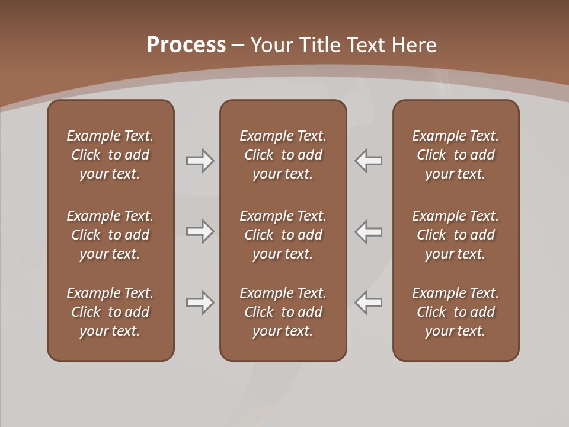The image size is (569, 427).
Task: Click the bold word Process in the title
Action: click(186, 45)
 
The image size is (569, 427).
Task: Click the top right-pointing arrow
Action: click(200, 161)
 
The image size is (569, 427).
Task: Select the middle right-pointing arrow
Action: click(200, 231)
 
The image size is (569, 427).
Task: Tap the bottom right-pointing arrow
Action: click(200, 302)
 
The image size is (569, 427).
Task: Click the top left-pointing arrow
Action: click(369, 161)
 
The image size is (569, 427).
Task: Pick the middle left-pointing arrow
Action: click(369, 231)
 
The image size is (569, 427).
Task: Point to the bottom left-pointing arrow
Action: click(369, 302)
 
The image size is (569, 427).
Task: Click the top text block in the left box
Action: click(110, 155)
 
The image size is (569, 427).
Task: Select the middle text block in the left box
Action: click(110, 235)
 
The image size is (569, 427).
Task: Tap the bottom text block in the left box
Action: click(110, 312)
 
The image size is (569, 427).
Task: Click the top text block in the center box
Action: click(283, 155)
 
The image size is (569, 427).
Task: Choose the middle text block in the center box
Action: click(283, 235)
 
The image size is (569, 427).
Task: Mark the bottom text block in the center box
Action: click(283, 312)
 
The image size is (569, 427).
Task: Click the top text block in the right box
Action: click(455, 155)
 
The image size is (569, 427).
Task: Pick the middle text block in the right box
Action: click(455, 235)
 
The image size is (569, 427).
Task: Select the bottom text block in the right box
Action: click(455, 312)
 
